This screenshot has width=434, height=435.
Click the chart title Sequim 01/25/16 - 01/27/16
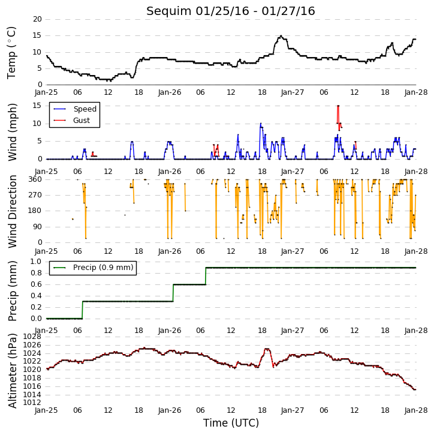[231, 11]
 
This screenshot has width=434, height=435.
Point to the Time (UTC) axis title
[231, 423]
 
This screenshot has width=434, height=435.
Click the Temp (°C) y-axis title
[11, 53]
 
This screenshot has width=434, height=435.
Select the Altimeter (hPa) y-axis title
[12, 371]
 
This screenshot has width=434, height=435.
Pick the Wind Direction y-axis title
[12, 211]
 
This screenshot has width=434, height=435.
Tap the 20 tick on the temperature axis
[37, 19]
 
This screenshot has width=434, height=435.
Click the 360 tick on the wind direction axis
[35, 179]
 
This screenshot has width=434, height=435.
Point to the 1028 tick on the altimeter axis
[32, 337]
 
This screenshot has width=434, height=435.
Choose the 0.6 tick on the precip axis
[36, 284]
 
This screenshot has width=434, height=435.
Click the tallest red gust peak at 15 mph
[338, 106]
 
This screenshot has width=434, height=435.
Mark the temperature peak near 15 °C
[281, 36]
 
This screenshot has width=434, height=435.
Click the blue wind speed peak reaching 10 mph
[261, 124]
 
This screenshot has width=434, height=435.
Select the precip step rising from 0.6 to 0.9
[206, 276]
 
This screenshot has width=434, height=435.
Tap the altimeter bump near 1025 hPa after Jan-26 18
[267, 349]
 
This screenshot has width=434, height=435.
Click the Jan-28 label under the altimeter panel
[415, 410]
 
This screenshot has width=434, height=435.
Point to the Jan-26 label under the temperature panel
[170, 92]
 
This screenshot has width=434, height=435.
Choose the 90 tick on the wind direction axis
[38, 227]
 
